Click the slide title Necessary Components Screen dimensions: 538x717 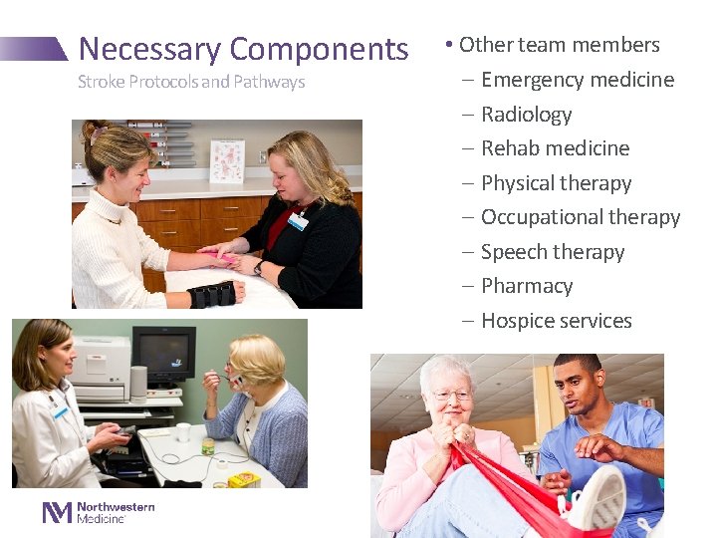tap(243, 49)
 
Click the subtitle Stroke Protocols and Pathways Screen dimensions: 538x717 tap(191, 82)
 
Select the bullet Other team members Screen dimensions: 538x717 tap(559, 45)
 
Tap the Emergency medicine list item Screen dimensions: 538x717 tap(577, 80)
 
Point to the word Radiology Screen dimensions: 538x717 tap(526, 115)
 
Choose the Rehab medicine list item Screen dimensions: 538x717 tap(555, 148)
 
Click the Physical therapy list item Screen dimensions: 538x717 tap(556, 183)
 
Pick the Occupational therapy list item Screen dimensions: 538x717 tap(580, 217)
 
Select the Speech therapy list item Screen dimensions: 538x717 tap(552, 252)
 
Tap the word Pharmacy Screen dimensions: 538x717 tap(527, 286)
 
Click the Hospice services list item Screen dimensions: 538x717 tap(556, 321)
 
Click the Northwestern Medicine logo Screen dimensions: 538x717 tap(99, 512)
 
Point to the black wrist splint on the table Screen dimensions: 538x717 tap(211, 295)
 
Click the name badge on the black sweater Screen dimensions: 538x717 tap(298, 220)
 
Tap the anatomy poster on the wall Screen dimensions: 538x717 tap(227, 159)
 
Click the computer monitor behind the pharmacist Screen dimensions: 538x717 tap(164, 354)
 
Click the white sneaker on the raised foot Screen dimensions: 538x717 tap(597, 499)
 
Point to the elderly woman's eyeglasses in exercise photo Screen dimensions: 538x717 tap(451, 395)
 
